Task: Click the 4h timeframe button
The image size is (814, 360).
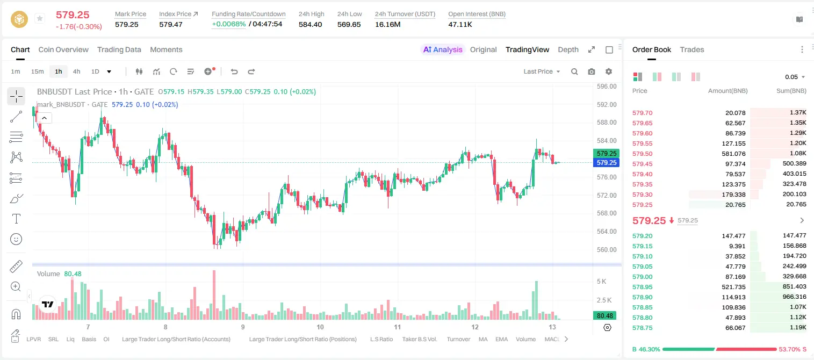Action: (76, 71)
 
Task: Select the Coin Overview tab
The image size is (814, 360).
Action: (63, 49)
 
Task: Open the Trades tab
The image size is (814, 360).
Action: (692, 49)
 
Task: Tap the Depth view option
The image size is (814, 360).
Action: (568, 49)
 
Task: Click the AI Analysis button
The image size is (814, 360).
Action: (443, 49)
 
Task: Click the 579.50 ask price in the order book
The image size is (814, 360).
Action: (642, 154)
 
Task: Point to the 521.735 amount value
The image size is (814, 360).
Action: (733, 287)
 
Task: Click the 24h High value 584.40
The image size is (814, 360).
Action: (311, 24)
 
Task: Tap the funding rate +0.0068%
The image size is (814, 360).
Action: (229, 24)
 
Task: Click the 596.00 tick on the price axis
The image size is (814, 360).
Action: (607, 87)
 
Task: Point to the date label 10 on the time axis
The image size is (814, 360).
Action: (320, 327)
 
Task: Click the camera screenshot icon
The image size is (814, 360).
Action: (592, 71)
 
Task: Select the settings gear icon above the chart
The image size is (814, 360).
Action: (609, 71)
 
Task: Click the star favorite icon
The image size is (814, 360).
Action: (40, 18)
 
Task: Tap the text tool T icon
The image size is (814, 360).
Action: (16, 219)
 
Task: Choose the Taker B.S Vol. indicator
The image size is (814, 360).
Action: (419, 339)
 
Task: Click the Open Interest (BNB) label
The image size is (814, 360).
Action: (477, 14)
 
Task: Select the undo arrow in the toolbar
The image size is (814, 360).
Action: (234, 71)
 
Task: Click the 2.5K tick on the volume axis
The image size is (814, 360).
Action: (604, 300)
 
